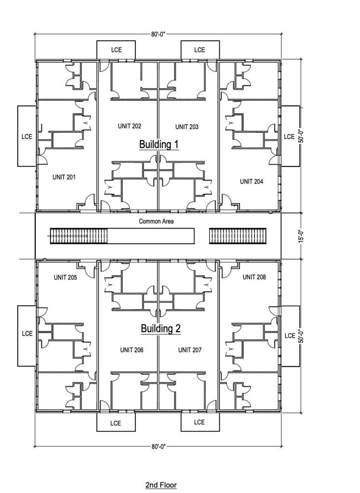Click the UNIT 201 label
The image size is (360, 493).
coord(64,177)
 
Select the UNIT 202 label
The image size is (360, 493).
coord(130,126)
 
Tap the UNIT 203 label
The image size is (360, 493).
coord(187,127)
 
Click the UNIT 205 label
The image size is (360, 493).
coord(66,277)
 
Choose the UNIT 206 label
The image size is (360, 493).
coord(132,350)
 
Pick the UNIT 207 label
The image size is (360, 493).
coord(190,350)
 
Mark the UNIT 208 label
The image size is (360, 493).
coord(254,277)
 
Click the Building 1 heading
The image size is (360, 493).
coord(159,144)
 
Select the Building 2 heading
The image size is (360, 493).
coord(160,328)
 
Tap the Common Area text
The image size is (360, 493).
coord(156,221)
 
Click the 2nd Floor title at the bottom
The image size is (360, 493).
coord(161,485)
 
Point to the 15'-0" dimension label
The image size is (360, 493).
coord(301,236)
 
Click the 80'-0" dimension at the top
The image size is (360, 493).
coord(158,34)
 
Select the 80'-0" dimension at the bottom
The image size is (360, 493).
coord(158,446)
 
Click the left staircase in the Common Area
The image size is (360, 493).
coord(79,236)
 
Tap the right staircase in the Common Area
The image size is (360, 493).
coord(238,236)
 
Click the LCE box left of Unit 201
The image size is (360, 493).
coord(27,136)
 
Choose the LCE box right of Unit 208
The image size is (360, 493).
coord(290,336)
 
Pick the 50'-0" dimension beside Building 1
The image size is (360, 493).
coord(301,136)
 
